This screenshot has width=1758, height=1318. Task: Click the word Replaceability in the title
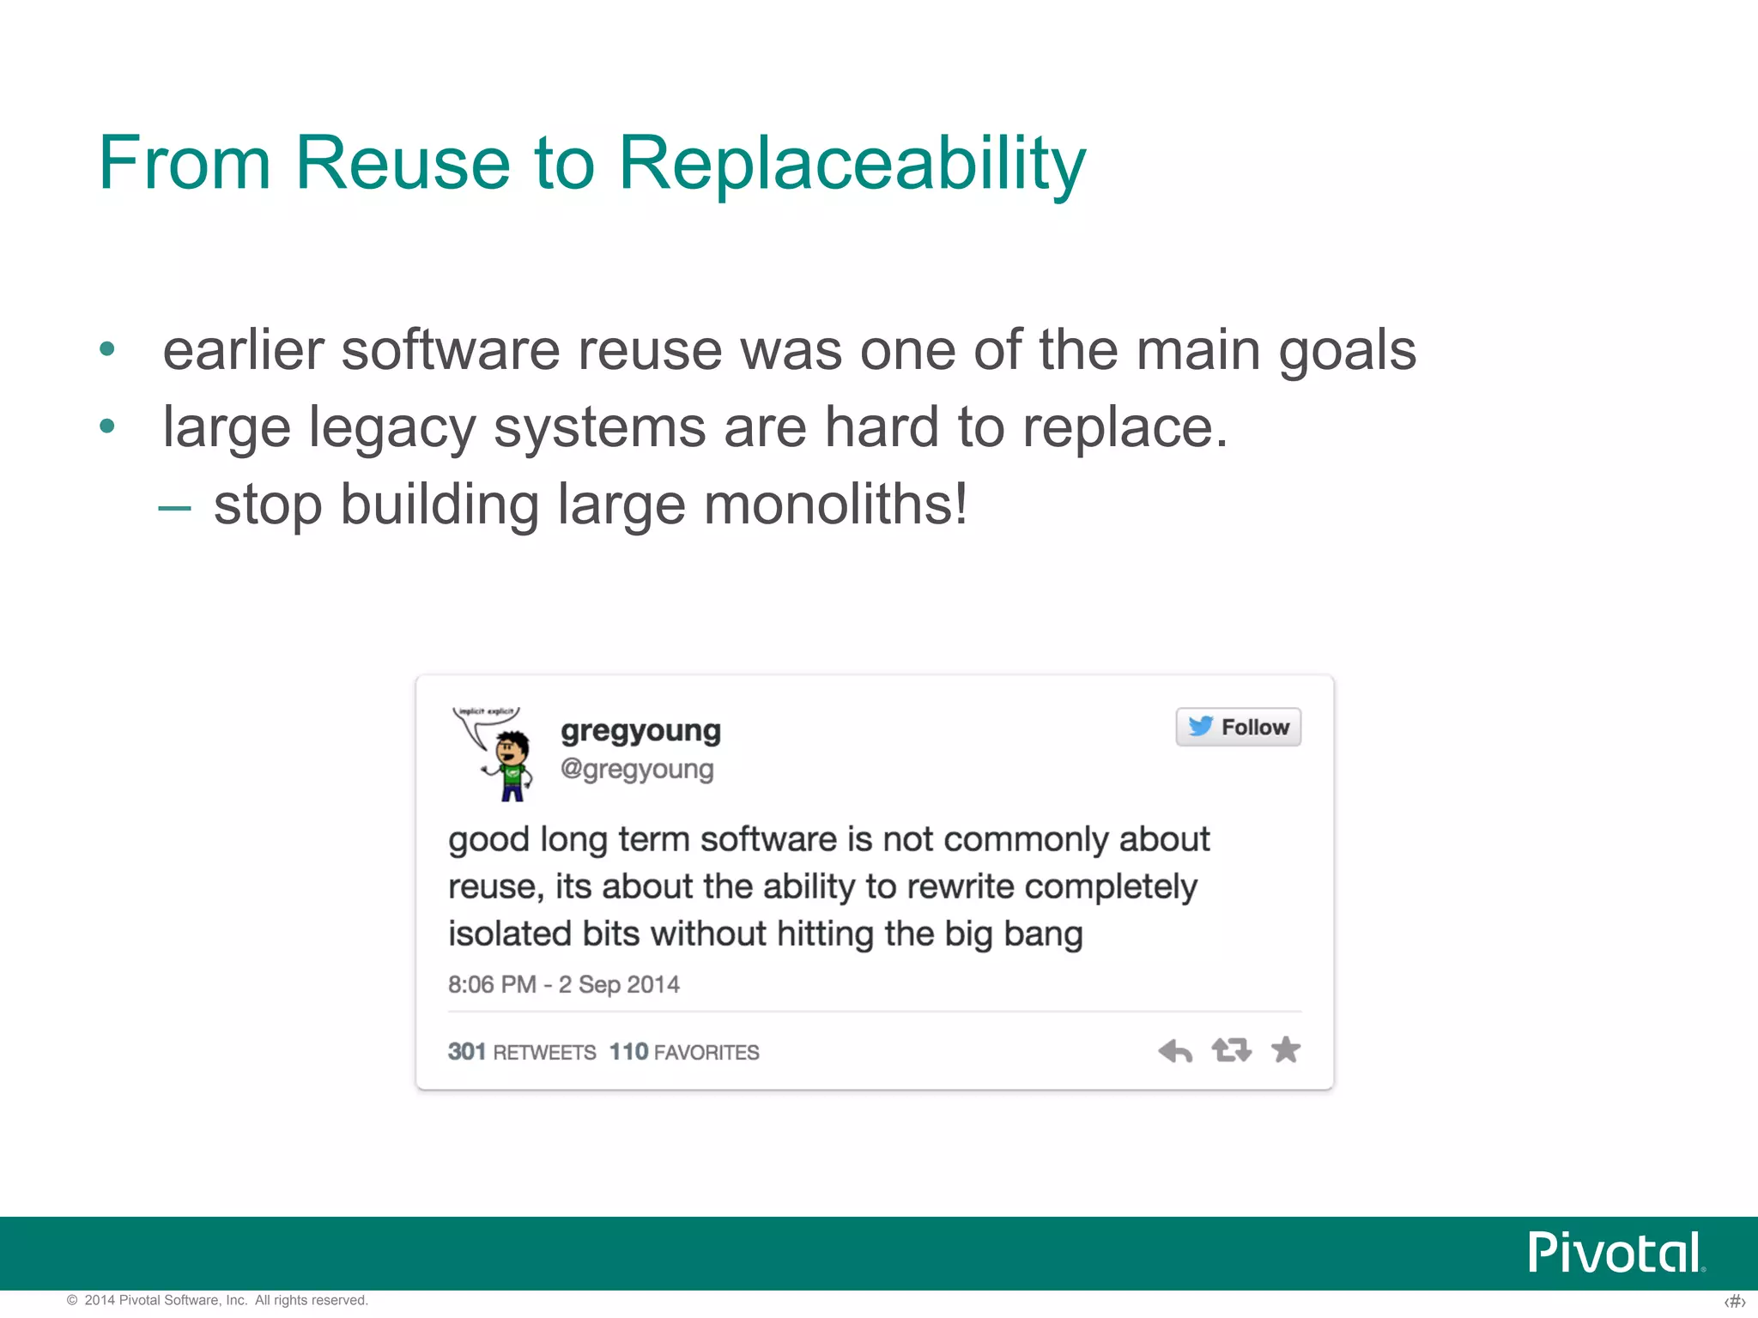pos(852,163)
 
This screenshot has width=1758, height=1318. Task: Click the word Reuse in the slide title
pos(403,163)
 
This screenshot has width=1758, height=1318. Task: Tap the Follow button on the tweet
pos(1238,727)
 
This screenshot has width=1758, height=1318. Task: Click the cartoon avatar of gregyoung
pos(496,753)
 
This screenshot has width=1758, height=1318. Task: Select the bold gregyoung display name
pos(640,730)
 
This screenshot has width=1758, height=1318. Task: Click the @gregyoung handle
pos(636,769)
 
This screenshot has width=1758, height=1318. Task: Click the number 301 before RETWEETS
pos(467,1051)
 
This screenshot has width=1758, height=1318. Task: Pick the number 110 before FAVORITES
pos(628,1051)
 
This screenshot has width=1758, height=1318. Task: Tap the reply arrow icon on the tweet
pos(1175,1050)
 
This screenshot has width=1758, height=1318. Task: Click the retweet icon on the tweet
pos(1231,1049)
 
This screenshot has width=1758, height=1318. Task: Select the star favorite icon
pos(1286,1049)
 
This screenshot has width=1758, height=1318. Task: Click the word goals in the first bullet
pos(1347,350)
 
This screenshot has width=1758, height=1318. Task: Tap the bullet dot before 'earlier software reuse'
pos(107,349)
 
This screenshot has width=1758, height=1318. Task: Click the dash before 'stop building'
pos(174,508)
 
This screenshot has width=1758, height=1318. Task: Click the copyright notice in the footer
pos(218,1300)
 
